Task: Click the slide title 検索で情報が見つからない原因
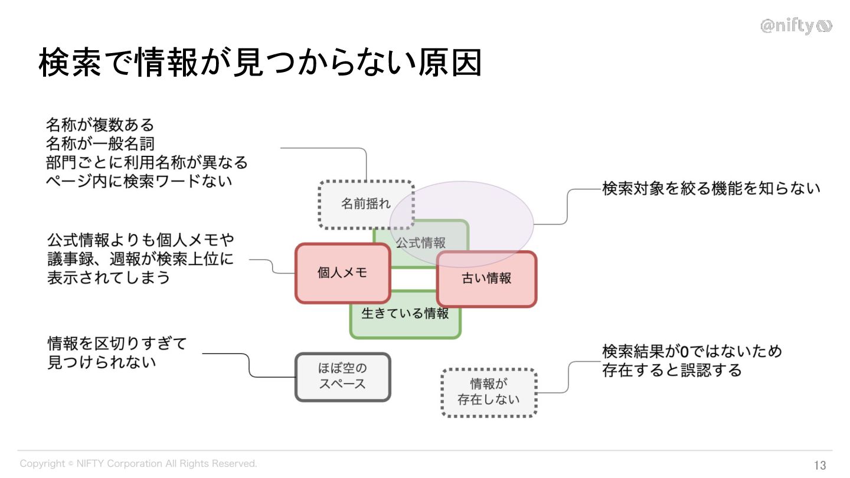[x=260, y=63]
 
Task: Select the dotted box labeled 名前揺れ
[x=354, y=204]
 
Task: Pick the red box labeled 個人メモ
[x=342, y=273]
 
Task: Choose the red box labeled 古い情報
[x=486, y=279]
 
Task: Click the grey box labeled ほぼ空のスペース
[x=342, y=376]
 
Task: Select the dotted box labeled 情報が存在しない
[x=489, y=392]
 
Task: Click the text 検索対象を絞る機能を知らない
[x=711, y=189]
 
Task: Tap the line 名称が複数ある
[x=100, y=125]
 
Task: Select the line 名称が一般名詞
[x=100, y=143]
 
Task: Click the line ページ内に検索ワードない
[x=139, y=181]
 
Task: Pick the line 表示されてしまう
[x=109, y=277]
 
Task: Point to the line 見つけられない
[x=102, y=362]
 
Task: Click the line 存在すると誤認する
[x=671, y=370]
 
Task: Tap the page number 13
[x=820, y=465]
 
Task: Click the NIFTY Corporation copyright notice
[x=138, y=464]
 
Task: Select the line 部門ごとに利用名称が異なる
[x=147, y=162]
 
